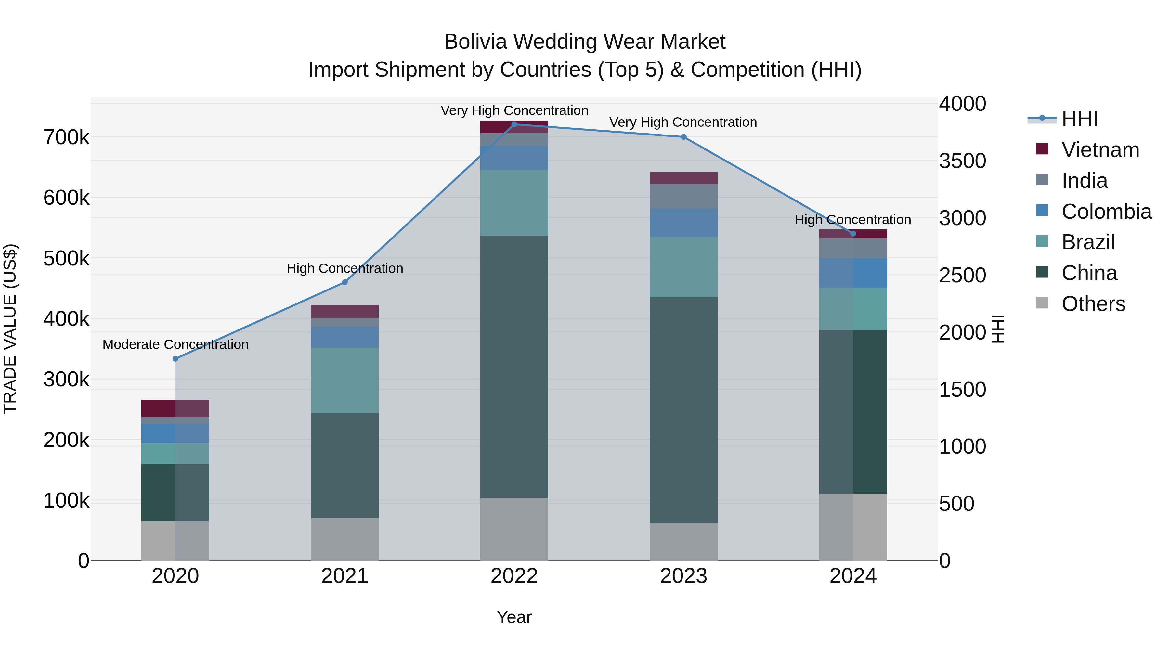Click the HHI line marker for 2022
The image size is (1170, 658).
click(514, 124)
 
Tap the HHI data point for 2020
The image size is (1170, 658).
click(175, 359)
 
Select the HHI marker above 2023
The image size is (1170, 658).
click(683, 137)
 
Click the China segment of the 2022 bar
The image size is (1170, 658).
click(514, 367)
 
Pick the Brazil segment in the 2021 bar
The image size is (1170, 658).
click(345, 381)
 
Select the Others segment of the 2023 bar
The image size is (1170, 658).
click(683, 542)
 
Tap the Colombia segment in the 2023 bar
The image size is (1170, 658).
click(683, 223)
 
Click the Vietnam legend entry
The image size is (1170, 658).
click(1100, 149)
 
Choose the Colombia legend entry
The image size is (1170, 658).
click(1106, 211)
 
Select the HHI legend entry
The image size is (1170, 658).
click(1079, 119)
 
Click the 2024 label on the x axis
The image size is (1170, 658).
click(852, 576)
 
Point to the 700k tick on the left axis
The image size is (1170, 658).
click(66, 137)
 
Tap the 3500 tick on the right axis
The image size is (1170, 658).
click(962, 161)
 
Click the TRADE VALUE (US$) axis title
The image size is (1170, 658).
click(10, 329)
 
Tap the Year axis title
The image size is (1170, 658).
click(514, 617)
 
